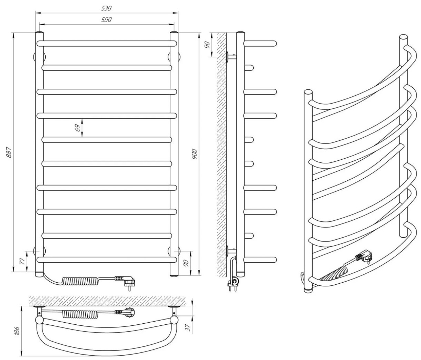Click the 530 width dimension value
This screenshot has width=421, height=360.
pyautogui.click(x=106, y=8)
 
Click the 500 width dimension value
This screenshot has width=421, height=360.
pyautogui.click(x=106, y=20)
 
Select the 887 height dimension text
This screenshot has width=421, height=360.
pyautogui.click(x=9, y=152)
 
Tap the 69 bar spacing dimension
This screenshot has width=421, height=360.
pyautogui.click(x=77, y=128)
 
